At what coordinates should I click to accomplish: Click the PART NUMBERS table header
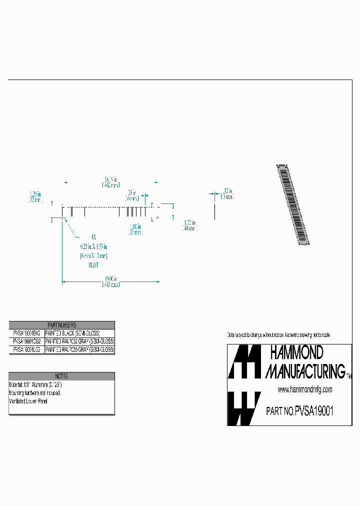coord(61,325)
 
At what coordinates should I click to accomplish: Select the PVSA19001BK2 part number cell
coord(27,333)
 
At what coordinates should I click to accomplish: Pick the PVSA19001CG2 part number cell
coord(27,341)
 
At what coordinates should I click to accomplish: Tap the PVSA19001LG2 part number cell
coord(27,350)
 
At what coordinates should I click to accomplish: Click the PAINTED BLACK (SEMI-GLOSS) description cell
coord(73,333)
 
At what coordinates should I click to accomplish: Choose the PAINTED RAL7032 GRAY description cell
coord(79,341)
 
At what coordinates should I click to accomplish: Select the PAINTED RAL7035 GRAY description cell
coord(79,350)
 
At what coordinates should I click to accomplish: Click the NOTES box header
coord(61,376)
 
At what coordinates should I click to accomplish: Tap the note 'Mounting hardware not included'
coord(35,393)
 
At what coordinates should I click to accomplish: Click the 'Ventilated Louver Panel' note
coord(29,401)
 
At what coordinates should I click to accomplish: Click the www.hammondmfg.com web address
coord(305,389)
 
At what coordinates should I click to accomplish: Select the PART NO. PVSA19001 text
coord(299,411)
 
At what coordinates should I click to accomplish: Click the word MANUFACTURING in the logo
coord(305,371)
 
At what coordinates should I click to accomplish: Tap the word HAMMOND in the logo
coord(296,353)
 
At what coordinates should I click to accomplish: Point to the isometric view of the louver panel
coord(293,204)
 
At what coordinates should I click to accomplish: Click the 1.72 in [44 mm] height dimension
coord(189,225)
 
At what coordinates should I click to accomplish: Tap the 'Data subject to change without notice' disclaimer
coord(278,334)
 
